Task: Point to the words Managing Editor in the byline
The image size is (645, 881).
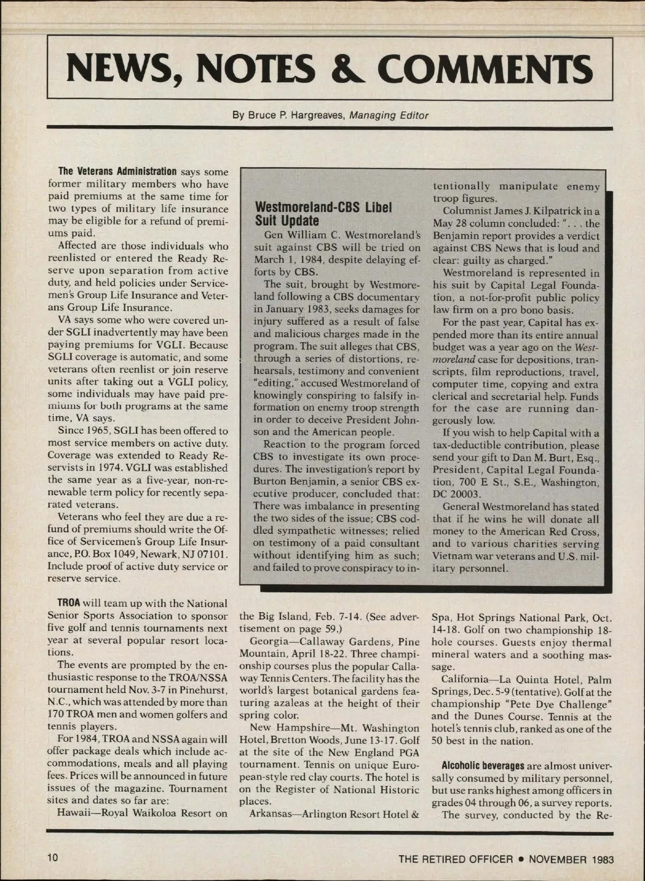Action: (x=389, y=115)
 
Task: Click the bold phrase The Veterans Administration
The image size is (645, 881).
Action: (x=117, y=172)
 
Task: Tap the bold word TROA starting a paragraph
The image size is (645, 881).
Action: (x=69, y=604)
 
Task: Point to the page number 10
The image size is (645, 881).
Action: (x=53, y=858)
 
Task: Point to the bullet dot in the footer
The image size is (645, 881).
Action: (x=521, y=859)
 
